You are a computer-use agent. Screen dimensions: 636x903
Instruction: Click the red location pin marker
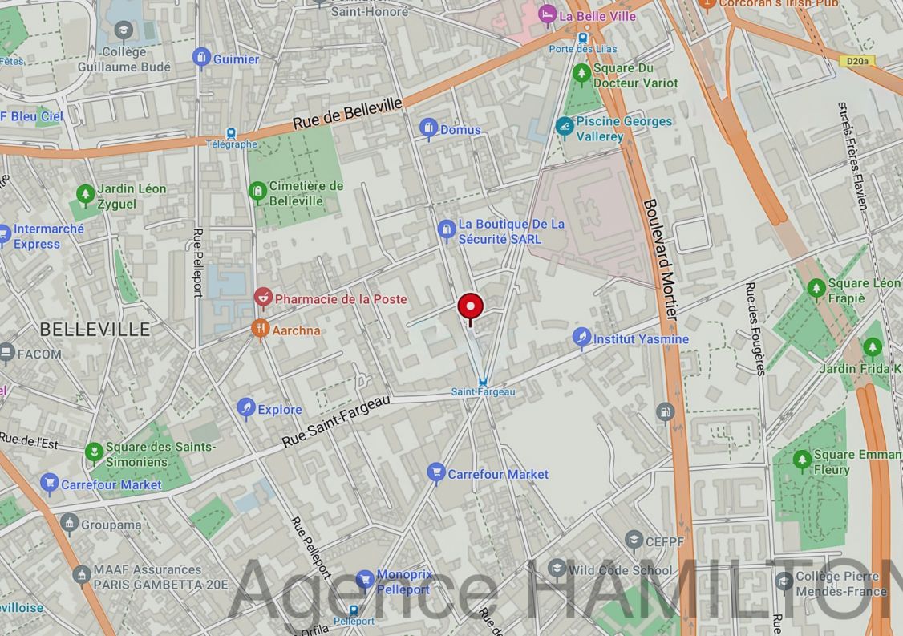click(470, 307)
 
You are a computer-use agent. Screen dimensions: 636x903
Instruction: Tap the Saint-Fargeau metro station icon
click(482, 382)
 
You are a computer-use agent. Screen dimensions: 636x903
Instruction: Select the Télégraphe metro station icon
click(231, 134)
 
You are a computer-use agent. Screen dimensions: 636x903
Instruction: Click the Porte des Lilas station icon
click(582, 37)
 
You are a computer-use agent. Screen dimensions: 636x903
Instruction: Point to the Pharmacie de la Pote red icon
click(262, 298)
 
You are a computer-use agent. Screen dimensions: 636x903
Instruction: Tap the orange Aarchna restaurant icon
click(260, 329)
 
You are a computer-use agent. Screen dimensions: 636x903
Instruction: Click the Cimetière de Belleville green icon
click(257, 191)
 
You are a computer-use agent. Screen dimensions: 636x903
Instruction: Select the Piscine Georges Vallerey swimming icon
click(565, 127)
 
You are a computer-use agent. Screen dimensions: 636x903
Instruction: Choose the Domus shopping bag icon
click(428, 128)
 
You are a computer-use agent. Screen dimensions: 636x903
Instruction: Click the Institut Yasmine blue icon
click(582, 338)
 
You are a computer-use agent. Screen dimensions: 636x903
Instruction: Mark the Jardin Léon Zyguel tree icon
click(85, 194)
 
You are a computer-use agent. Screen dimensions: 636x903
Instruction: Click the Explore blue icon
click(246, 409)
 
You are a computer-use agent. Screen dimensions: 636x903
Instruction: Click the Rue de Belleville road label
click(347, 114)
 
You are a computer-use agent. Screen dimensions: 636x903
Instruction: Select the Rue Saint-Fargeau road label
click(336, 422)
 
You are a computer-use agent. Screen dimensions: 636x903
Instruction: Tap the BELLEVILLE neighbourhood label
click(95, 329)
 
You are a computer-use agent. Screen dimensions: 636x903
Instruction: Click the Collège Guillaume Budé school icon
click(123, 31)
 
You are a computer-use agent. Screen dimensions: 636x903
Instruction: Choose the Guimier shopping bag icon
click(201, 58)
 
